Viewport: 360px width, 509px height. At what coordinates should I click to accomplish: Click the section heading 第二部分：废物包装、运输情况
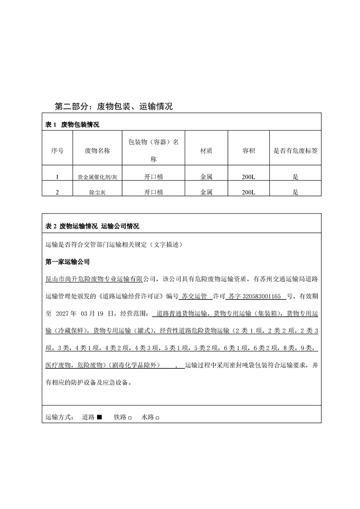tap(113, 107)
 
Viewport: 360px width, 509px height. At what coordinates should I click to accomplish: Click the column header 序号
tap(57, 151)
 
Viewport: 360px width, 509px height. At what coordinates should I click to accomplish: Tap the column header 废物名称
tap(97, 151)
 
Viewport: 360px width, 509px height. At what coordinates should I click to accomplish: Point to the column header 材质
tap(206, 151)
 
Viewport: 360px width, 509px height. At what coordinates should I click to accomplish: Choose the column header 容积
tap(248, 151)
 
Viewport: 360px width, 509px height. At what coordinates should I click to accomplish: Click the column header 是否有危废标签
tap(295, 151)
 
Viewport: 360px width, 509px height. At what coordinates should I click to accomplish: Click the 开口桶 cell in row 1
tap(153, 177)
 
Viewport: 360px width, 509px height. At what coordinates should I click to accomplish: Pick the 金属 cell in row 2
tap(206, 192)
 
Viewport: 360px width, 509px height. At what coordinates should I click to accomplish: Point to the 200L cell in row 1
tap(248, 177)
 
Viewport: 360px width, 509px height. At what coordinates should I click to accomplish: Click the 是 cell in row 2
tap(296, 192)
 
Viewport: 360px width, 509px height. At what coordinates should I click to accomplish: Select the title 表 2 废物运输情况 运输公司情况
tap(93, 226)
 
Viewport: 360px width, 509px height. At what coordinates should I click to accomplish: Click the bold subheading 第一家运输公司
tap(68, 262)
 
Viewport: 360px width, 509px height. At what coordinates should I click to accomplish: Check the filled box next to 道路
tap(99, 417)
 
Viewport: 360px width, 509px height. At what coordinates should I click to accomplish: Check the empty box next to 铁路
tap(130, 417)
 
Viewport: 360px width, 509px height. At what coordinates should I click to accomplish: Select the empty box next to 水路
tap(158, 417)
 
